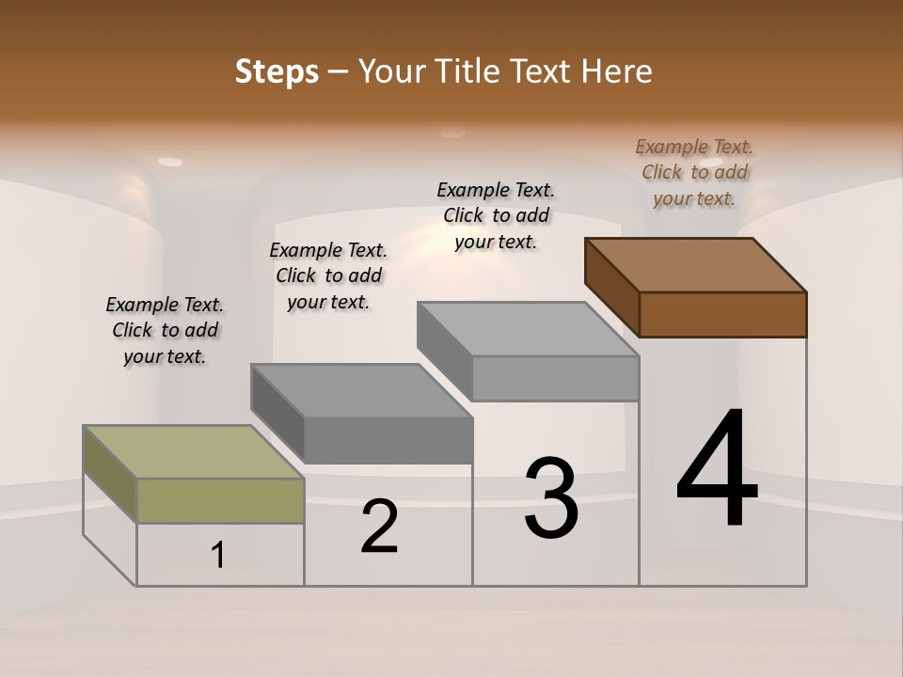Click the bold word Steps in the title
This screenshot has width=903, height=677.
coord(277,71)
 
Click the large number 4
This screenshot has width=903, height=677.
coord(717,469)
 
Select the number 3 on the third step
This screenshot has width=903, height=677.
coord(551,498)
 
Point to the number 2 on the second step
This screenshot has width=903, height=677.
coord(379,527)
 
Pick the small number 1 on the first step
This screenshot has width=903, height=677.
coord(218,556)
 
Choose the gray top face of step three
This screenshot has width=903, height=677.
coord(528,328)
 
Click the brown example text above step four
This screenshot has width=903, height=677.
coord(694,172)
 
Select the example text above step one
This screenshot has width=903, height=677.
coord(165,330)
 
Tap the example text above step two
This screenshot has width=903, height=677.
coord(328,276)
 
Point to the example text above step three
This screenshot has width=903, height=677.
coord(496,215)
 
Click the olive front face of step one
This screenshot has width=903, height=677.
coord(220,500)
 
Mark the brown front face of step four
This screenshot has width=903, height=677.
coord(722,314)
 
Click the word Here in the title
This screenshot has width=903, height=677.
coord(620,71)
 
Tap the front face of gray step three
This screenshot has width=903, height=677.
coord(555,378)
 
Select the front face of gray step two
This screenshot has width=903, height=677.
coord(388,440)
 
